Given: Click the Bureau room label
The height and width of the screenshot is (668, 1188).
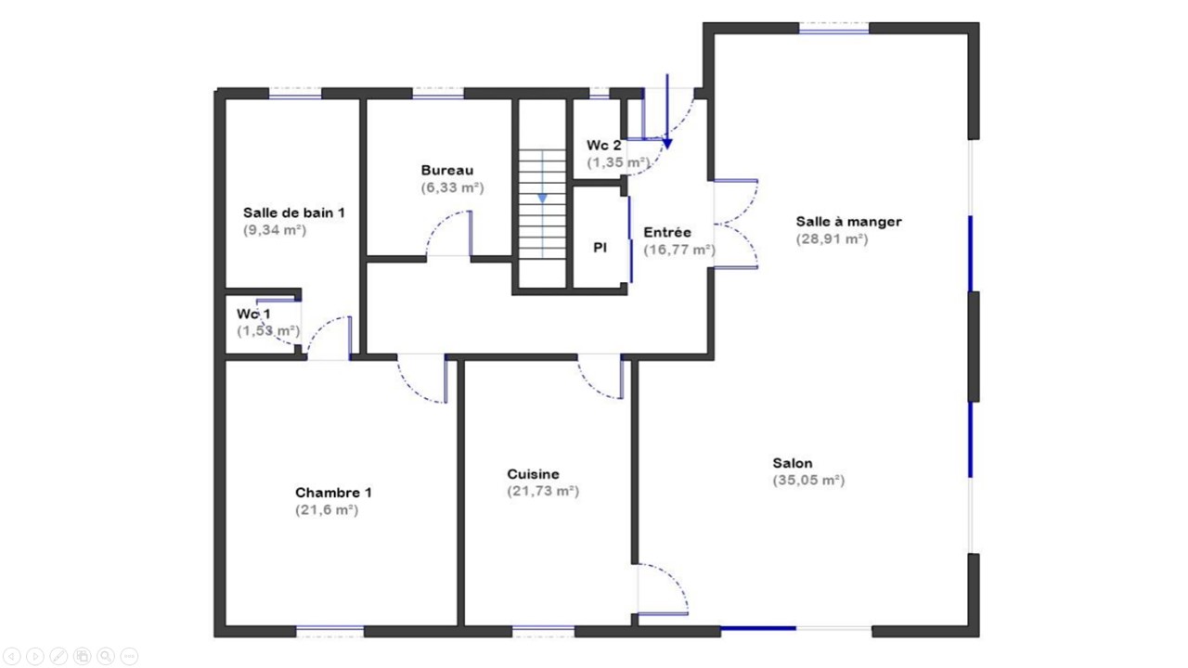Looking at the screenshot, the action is click(447, 170).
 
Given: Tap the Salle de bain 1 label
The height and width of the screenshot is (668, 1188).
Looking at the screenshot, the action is click(294, 212).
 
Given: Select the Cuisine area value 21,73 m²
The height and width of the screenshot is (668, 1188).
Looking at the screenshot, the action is click(543, 491).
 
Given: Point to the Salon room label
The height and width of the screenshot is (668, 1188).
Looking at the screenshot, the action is click(793, 463).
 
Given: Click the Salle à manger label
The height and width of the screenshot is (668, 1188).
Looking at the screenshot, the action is click(848, 222).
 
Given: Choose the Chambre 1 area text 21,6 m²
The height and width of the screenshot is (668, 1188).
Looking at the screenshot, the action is click(327, 509).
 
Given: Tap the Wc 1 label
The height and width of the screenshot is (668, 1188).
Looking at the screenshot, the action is click(253, 314).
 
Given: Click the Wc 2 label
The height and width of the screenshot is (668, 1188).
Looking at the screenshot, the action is click(603, 146).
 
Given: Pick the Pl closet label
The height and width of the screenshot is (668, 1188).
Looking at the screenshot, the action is click(600, 248).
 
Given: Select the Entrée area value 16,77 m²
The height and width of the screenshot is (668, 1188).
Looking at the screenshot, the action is click(679, 250).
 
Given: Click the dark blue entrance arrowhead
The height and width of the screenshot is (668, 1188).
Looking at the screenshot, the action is click(667, 144).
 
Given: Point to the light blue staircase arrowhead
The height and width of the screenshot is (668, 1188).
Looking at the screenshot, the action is click(542, 199).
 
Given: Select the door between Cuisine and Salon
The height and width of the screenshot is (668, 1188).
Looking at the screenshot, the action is click(663, 589).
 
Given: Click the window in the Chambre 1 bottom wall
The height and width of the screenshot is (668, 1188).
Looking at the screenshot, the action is click(329, 630).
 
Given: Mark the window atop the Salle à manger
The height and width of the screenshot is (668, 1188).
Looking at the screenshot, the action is click(833, 28).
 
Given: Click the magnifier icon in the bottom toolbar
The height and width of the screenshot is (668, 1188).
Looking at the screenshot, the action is click(106, 656).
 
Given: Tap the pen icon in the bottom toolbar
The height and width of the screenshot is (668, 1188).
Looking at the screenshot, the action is click(58, 656).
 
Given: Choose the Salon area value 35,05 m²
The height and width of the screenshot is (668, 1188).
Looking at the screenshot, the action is click(808, 481).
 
